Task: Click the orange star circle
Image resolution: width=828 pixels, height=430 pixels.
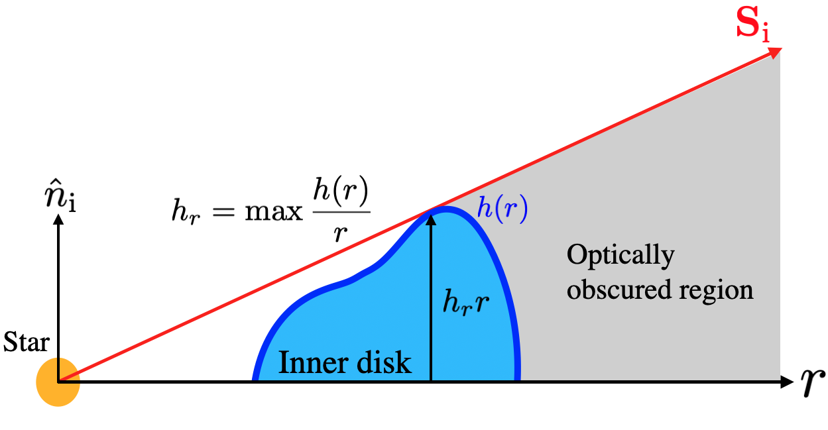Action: tap(58, 382)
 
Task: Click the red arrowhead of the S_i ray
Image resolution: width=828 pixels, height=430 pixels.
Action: tap(776, 53)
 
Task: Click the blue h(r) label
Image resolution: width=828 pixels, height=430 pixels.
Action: tap(502, 209)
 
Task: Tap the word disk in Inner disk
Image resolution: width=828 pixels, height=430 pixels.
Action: tap(384, 363)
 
